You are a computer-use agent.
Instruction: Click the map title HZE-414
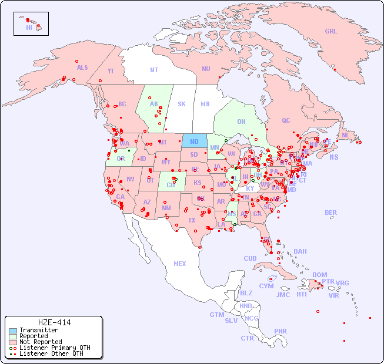pos(54,322)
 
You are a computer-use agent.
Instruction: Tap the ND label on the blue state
pos(194,141)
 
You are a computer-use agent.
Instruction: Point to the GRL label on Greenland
pos(331,32)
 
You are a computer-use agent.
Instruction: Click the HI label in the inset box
pos(29,28)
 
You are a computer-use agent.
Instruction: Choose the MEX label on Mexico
pos(180,264)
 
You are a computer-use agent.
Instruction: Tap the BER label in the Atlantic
pos(330,213)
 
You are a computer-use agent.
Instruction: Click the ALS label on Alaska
pos(82,68)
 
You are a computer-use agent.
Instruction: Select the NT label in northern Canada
pos(154,70)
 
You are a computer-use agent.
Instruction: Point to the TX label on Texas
pos(191,220)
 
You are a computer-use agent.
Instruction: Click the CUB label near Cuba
pos(250,258)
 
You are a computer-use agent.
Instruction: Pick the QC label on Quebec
pos(286,120)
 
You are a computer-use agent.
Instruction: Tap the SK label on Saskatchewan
pos(182,105)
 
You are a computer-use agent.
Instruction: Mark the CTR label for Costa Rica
pos(247,338)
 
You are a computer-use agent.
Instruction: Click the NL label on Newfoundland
pos(345,135)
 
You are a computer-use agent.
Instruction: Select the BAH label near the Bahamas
pos(300,251)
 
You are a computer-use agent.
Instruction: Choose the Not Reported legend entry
pos(40,342)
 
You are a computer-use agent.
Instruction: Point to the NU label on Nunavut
pos(206,69)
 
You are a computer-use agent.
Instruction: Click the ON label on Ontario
pos(241,122)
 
